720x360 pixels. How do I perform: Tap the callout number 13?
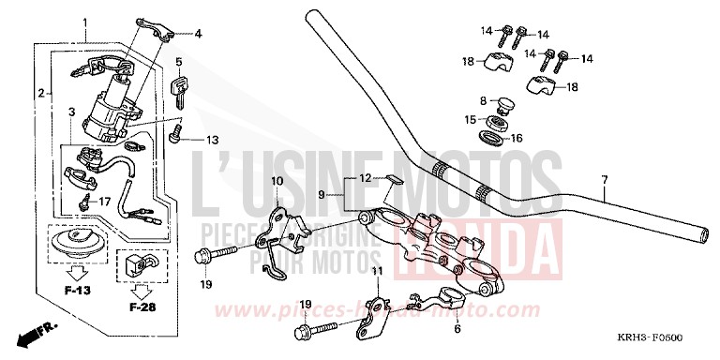pyautogui.click(x=211, y=140)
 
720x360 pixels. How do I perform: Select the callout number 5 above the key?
pyautogui.click(x=176, y=62)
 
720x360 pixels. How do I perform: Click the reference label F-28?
pyautogui.click(x=141, y=306)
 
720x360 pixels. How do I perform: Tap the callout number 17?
pyautogui.click(x=104, y=200)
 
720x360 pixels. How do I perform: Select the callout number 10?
pyautogui.click(x=277, y=180)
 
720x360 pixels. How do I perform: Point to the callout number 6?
pyautogui.click(x=457, y=328)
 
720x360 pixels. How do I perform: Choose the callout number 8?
pyautogui.click(x=483, y=100)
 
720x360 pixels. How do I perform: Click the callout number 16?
pyautogui.click(x=515, y=138)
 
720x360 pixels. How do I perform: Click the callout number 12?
pyautogui.click(x=340, y=178)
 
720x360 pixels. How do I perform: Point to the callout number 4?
pyautogui.click(x=198, y=34)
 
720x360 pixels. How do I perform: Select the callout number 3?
pyautogui.click(x=71, y=112)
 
